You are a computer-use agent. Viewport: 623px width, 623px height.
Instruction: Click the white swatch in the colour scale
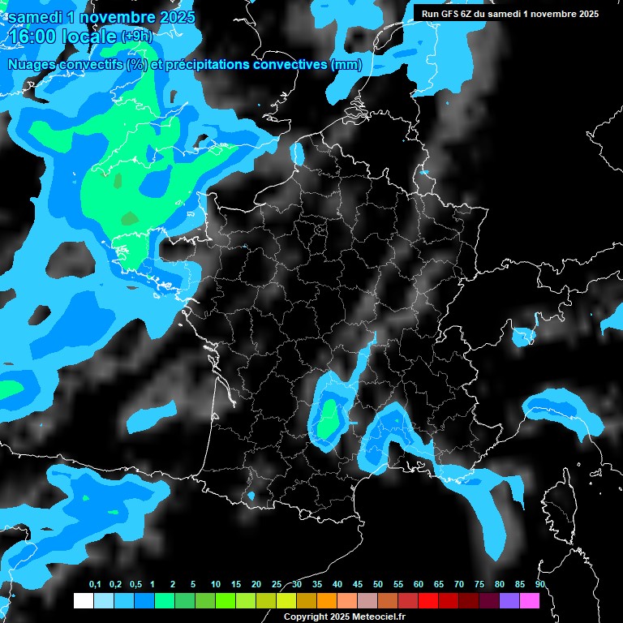(x=83, y=600)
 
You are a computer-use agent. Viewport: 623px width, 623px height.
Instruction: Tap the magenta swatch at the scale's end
(x=529, y=600)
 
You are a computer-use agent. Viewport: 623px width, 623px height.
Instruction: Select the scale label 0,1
(x=95, y=585)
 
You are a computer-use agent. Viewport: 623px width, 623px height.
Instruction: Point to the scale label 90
(x=539, y=585)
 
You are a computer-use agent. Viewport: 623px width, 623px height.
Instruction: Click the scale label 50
(x=378, y=585)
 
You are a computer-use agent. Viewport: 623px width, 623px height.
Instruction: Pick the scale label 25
(x=277, y=585)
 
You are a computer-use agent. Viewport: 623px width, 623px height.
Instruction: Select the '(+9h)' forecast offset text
(x=137, y=37)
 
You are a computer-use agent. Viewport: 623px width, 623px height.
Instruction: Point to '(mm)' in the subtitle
(x=346, y=64)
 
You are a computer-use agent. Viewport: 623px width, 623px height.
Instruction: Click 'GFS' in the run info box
(x=452, y=14)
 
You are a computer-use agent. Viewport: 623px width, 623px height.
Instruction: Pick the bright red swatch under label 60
(x=428, y=600)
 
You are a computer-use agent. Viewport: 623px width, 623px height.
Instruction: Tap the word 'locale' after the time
(x=88, y=37)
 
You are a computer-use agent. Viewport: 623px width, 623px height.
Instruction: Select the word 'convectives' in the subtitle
(x=288, y=64)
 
